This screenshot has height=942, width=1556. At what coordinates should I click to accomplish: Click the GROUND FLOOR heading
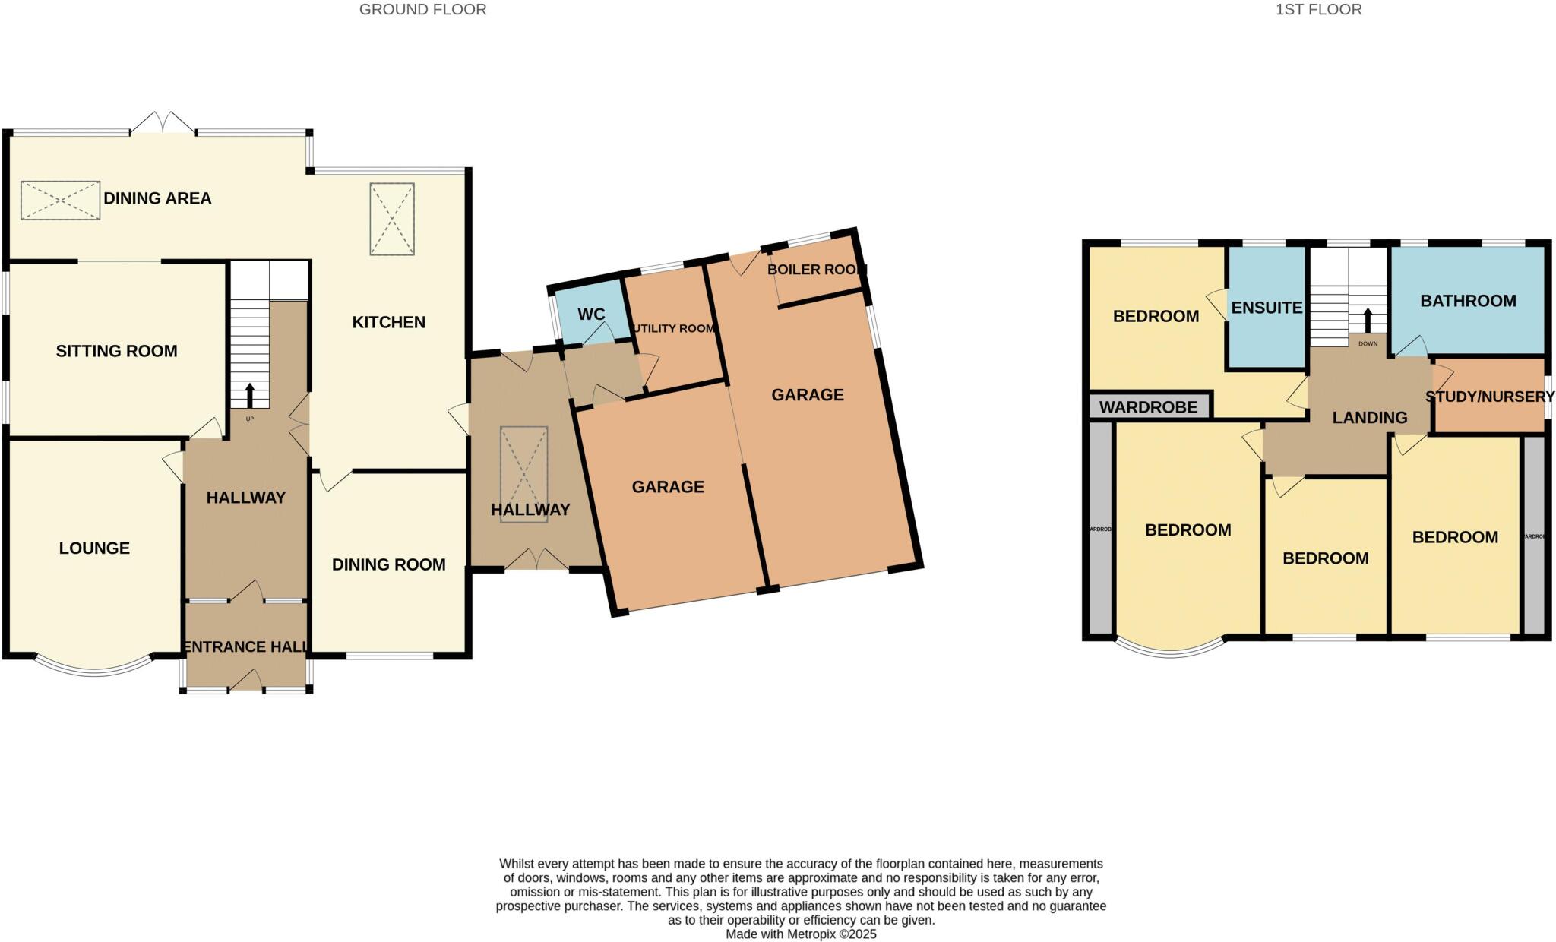click(422, 10)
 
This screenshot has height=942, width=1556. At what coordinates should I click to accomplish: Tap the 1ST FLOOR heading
click(1318, 10)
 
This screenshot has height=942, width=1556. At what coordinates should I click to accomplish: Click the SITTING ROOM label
click(116, 351)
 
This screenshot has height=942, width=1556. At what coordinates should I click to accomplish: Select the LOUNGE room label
click(94, 548)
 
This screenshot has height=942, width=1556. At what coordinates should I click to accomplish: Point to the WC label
click(591, 315)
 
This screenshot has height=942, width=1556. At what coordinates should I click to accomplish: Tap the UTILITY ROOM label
click(675, 329)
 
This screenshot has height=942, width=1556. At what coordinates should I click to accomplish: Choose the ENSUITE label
click(1267, 308)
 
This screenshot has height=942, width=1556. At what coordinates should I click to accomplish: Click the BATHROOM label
click(1468, 301)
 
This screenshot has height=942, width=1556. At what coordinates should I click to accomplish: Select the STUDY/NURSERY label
click(1490, 397)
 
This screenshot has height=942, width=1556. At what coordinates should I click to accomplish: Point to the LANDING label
click(1370, 417)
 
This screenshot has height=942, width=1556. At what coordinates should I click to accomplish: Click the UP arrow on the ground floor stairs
click(250, 396)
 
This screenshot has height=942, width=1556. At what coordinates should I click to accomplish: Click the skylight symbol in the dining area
click(60, 201)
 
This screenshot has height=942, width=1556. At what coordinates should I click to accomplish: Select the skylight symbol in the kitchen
click(392, 219)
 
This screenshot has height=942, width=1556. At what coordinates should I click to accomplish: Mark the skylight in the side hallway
click(523, 461)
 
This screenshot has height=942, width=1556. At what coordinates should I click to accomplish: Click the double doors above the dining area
click(163, 124)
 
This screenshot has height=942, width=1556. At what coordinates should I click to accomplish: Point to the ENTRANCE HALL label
click(245, 646)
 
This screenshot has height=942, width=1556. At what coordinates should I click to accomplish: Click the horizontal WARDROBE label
click(1148, 407)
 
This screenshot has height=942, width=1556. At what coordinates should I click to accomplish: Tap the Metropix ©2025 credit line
click(801, 934)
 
